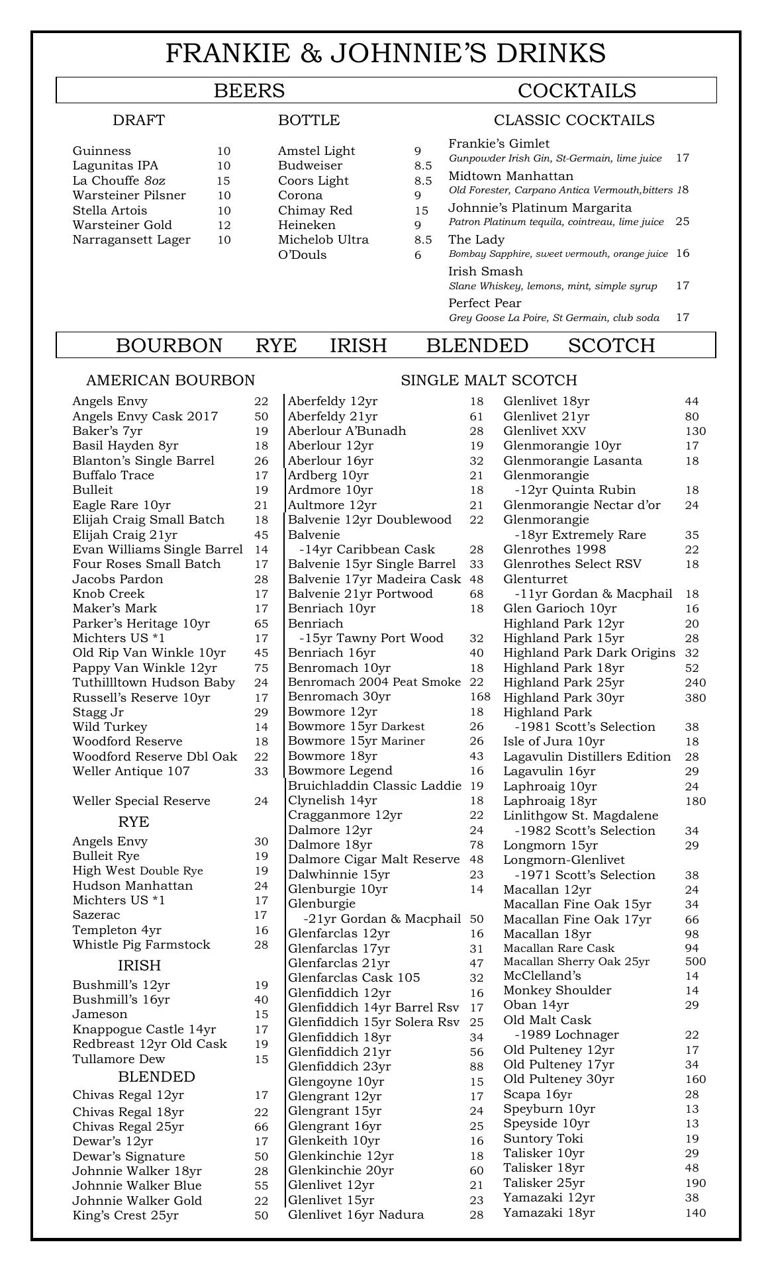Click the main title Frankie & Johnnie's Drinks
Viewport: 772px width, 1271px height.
(x=385, y=53)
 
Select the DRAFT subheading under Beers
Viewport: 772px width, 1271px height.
(x=138, y=120)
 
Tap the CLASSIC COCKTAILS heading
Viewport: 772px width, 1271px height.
(x=574, y=120)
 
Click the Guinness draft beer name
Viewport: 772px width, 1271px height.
(x=102, y=151)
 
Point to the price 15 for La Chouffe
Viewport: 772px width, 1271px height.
(x=223, y=181)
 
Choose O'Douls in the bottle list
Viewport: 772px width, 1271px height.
(x=302, y=255)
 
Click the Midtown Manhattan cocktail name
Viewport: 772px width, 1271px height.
(x=511, y=176)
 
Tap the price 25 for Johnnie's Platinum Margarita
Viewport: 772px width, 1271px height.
(x=683, y=221)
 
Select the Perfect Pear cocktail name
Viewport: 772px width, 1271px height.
(x=485, y=303)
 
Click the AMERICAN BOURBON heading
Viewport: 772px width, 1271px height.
(x=170, y=381)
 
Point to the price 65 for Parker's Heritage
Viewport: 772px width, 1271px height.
(x=261, y=624)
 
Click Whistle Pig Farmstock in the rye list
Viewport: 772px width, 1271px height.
(x=141, y=945)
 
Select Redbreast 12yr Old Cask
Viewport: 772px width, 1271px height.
(x=150, y=1044)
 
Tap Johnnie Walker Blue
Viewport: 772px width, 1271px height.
(x=137, y=1186)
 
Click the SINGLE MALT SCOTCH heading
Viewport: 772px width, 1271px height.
(x=489, y=381)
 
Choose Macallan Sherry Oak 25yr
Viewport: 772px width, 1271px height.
(x=576, y=961)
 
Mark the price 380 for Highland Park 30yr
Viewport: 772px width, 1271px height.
(x=695, y=698)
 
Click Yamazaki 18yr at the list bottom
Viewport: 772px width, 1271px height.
(x=549, y=1213)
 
